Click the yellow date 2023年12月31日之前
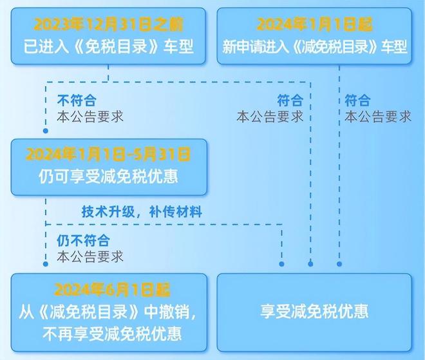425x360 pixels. (x=108, y=24)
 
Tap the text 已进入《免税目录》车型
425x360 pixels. (x=108, y=46)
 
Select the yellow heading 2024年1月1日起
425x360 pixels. (x=314, y=24)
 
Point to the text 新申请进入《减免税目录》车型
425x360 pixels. (x=314, y=46)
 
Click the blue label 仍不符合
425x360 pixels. (x=83, y=240)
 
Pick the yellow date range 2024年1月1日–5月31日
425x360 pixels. (x=108, y=154)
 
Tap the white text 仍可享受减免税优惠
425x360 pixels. (x=108, y=176)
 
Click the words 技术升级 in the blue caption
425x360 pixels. (x=108, y=211)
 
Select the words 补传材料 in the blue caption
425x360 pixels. (x=176, y=211)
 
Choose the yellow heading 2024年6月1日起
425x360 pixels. (x=112, y=290)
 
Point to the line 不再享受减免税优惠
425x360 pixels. (x=112, y=334)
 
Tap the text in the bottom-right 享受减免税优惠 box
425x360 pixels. (x=314, y=311)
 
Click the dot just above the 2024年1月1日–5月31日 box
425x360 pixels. (x=46, y=131)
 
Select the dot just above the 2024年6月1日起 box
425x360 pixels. (x=46, y=264)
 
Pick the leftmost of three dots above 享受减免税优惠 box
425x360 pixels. (x=281, y=264)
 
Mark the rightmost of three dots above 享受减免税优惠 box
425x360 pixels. (x=339, y=264)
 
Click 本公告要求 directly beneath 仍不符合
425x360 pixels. (x=90, y=256)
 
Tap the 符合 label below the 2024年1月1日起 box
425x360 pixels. (x=357, y=100)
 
